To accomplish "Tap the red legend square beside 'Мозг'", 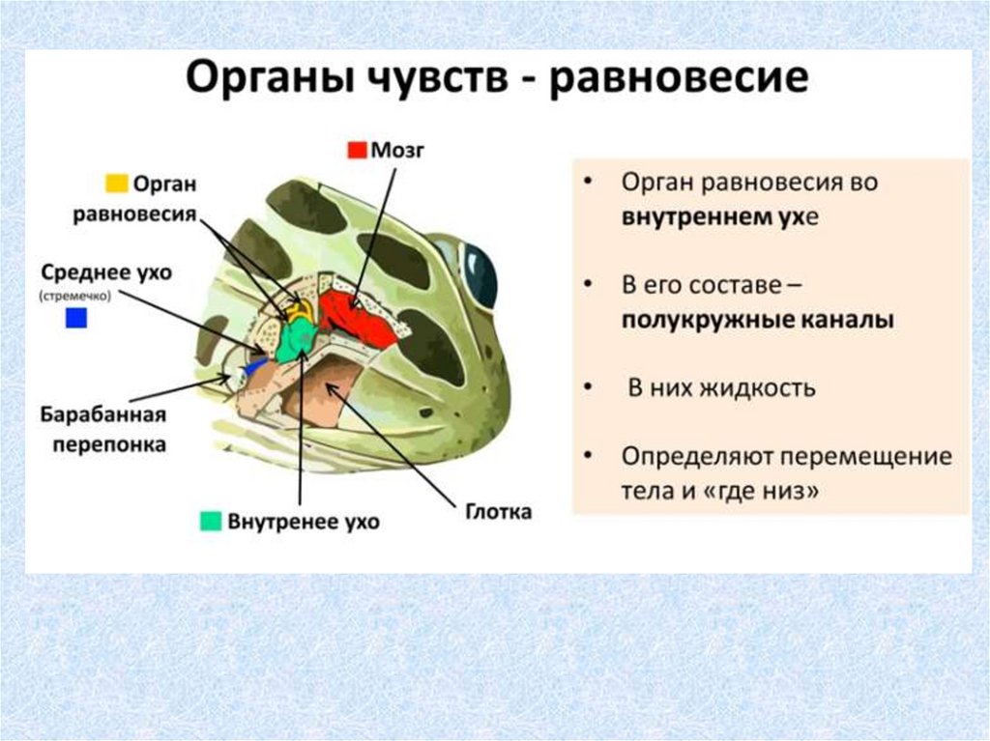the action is click(358, 150).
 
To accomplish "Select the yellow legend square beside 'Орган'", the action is click(116, 183).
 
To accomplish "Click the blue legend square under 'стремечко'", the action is click(76, 318).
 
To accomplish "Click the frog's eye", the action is click(479, 272).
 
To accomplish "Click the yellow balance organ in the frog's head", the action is click(298, 308).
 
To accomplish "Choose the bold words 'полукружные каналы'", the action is click(757, 321).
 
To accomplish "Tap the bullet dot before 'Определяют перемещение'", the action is click(590, 456).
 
